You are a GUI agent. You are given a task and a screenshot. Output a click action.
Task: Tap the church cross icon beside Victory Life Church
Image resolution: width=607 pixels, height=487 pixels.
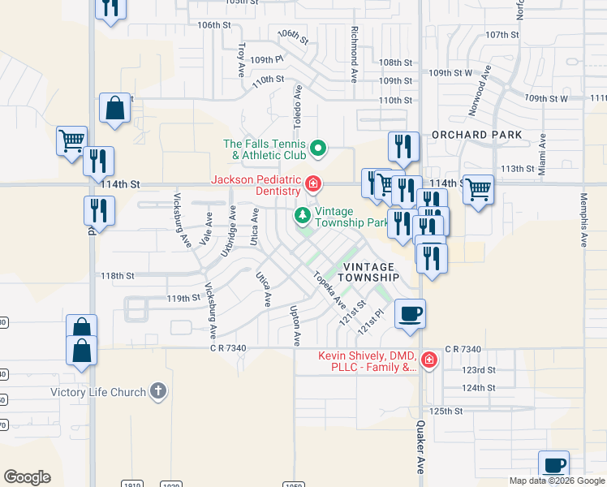(x=157, y=392)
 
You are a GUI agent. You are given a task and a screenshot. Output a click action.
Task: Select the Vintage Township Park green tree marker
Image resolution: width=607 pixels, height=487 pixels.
(x=303, y=215)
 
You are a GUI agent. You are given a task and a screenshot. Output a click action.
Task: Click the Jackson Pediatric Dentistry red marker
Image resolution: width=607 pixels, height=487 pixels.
(x=312, y=186)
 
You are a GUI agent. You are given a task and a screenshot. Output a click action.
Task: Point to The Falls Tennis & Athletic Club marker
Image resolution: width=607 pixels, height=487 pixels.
(x=318, y=149)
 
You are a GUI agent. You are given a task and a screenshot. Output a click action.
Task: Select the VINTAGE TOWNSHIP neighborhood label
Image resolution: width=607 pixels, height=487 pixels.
(x=370, y=272)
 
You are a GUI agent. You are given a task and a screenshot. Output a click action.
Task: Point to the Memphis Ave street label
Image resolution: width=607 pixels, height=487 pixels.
(x=583, y=220)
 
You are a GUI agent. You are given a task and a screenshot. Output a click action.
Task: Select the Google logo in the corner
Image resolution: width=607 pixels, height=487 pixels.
(x=27, y=477)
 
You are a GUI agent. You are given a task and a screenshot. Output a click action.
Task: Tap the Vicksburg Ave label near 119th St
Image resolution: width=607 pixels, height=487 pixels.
(x=210, y=310)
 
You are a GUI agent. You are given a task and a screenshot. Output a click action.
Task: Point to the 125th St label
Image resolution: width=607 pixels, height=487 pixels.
(x=446, y=412)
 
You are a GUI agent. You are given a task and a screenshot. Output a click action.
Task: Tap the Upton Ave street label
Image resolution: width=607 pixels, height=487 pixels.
(x=298, y=325)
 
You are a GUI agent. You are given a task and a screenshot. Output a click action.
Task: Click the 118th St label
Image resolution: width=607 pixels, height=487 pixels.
(x=117, y=276)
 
